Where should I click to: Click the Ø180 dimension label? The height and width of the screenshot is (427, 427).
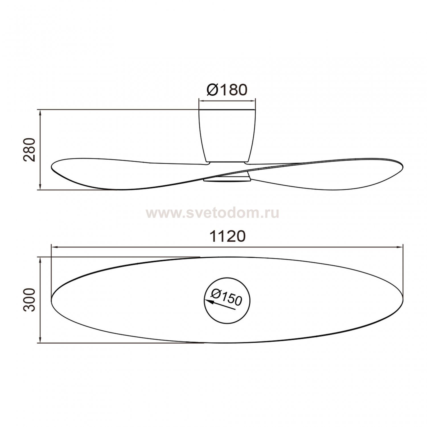pyautogui.click(x=227, y=90)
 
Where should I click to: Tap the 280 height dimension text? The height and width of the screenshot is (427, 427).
pyautogui.click(x=29, y=150)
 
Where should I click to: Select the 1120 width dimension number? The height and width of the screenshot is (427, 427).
pyautogui.click(x=227, y=236)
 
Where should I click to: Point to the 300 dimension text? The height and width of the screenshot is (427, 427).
pyautogui.click(x=29, y=300)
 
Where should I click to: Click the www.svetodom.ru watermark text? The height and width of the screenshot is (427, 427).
pyautogui.click(x=213, y=213)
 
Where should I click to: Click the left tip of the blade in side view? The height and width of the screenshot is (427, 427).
pyautogui.click(x=52, y=167)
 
